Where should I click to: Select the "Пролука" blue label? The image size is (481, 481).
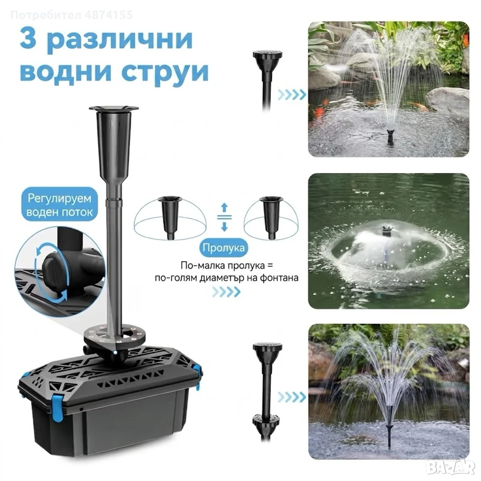224,247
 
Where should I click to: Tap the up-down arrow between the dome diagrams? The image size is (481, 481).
224,217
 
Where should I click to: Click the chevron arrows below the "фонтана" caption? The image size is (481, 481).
226,292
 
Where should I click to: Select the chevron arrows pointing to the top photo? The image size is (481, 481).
292,95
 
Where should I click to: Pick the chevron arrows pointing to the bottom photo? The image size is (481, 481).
292,397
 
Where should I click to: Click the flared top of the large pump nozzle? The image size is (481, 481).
114,109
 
